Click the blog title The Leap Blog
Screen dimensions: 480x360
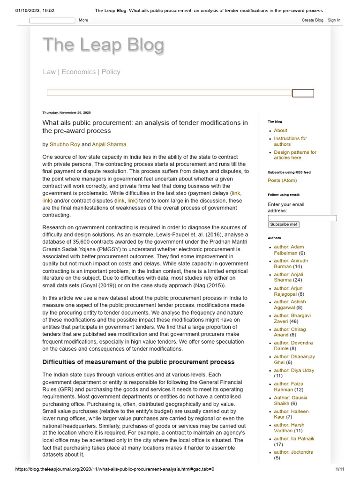pyautogui.click(x=104, y=45)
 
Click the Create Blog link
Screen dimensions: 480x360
pyautogui.click(x=312, y=20)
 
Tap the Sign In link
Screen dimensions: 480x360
pyautogui.click(x=334, y=20)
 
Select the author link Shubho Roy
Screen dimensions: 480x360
pyautogui.click(x=65, y=144)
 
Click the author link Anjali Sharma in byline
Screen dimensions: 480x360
pyautogui.click(x=109, y=144)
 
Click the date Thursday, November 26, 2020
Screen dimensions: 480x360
pyautogui.click(x=66, y=112)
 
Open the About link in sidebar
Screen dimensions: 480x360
pyautogui.click(x=280, y=130)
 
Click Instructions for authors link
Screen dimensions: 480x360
pyautogui.click(x=290, y=141)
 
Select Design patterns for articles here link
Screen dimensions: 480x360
pyautogui.click(x=295, y=155)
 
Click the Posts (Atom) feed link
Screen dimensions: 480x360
pyautogui.click(x=282, y=180)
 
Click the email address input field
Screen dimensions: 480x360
pyautogui.click(x=302, y=218)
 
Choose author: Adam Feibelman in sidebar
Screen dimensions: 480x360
pyautogui.click(x=289, y=250)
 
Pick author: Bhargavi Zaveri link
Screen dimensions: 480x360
pyautogui.click(x=292, y=318)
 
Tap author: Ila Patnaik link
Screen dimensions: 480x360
pyautogui.click(x=294, y=439)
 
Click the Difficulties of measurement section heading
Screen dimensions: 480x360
pyautogui.click(x=138, y=362)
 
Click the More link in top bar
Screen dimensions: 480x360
pyautogui.click(x=83, y=20)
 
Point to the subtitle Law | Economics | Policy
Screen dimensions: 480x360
pyautogui.click(x=82, y=72)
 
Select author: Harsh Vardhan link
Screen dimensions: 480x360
pyautogui.click(x=289, y=427)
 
